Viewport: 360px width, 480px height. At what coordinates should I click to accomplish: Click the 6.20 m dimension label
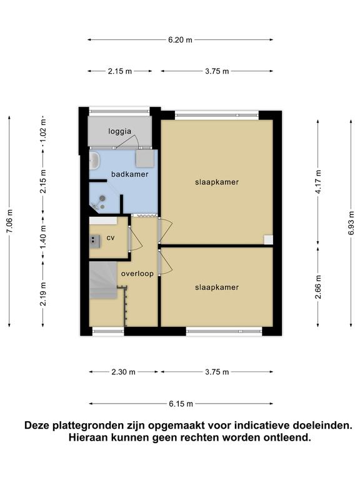pos(180,40)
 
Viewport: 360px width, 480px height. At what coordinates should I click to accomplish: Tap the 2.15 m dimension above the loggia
pos(120,71)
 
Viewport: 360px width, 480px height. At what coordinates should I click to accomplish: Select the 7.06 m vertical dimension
pos(9,221)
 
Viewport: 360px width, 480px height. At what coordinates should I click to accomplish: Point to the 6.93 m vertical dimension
pos(351,223)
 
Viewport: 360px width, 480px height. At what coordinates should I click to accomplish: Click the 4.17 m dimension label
pos(318,182)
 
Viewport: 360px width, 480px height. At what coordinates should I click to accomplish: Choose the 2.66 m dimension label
pos(318,287)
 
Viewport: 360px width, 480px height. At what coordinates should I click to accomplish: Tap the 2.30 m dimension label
pos(123,372)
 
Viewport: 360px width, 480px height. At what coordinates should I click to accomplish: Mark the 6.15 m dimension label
pos(181,404)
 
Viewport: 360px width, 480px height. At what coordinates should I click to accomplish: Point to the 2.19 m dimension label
pos(43,294)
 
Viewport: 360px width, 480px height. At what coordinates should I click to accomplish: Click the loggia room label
pos(120,132)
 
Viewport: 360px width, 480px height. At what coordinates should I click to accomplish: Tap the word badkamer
pos(130,174)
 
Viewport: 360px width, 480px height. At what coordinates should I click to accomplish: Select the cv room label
pos(111,237)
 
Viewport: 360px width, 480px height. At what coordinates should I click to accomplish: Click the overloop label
pos(137,274)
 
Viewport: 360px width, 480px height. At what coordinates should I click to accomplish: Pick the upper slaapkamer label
pos(217,182)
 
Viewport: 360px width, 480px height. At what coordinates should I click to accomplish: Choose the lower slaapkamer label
pos(217,287)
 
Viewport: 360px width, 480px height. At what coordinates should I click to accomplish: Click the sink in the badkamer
pos(94,161)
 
